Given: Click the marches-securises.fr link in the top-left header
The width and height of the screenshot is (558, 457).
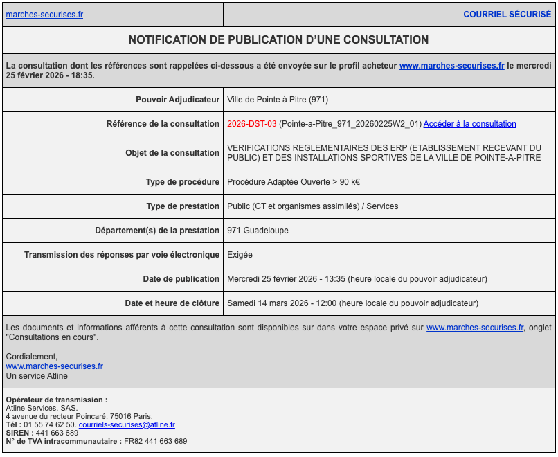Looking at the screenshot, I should click(44, 15).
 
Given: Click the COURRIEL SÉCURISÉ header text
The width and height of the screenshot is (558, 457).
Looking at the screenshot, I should click(507, 15).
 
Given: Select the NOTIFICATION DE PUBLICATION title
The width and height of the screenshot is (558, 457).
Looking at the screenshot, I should click(278, 40).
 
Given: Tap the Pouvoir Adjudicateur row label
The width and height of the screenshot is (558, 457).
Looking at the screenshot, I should click(177, 100).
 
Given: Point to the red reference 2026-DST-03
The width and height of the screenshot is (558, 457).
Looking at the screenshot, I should click(252, 124).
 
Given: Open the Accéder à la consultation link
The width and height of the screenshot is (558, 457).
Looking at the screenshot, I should click(469, 124).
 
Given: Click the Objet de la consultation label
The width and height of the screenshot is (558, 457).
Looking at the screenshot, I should click(172, 153).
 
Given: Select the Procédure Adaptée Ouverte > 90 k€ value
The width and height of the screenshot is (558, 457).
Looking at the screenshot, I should click(294, 182).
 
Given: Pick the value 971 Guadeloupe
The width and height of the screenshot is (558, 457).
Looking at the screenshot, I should click(258, 231).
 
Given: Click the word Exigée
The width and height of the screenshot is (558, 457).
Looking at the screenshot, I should click(240, 255).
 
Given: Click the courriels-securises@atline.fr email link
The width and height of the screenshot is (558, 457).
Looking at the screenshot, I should click(127, 424).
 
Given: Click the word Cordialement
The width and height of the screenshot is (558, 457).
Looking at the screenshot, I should click(32, 357).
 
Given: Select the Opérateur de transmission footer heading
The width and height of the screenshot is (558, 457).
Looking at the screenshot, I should click(56, 400).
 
